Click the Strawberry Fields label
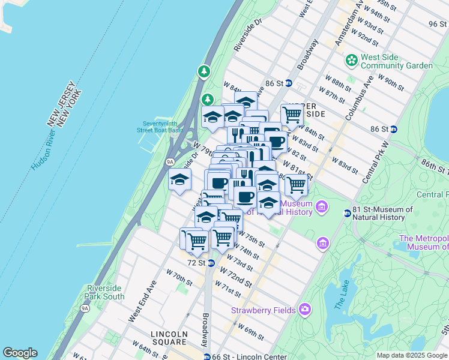[264, 310]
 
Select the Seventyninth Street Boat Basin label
[158, 127]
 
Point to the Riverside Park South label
[106, 292]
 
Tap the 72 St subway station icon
[211, 263]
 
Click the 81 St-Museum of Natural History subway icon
[347, 213]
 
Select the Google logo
[20, 353]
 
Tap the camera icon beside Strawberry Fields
[305, 310]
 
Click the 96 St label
[438, 23]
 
